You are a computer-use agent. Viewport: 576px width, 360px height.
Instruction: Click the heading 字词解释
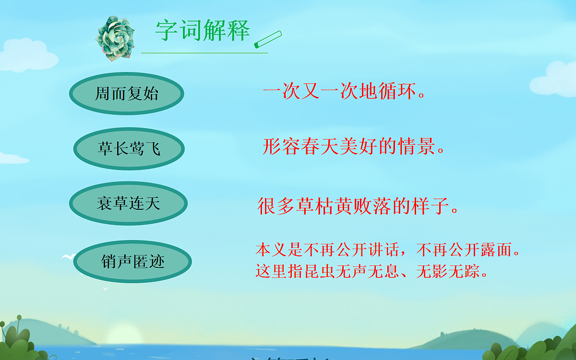click(x=203, y=31)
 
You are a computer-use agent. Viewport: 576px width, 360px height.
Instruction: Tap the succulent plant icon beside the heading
click(x=113, y=38)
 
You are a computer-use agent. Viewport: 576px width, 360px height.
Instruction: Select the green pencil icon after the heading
click(x=268, y=40)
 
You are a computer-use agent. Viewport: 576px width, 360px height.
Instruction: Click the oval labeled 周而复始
click(x=127, y=94)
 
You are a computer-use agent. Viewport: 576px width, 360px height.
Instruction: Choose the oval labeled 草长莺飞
click(x=129, y=148)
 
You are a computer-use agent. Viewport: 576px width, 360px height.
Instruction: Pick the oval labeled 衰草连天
click(x=128, y=204)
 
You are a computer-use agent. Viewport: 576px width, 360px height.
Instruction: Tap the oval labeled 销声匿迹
click(x=133, y=262)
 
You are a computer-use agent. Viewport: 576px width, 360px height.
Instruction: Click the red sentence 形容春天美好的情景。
click(x=354, y=147)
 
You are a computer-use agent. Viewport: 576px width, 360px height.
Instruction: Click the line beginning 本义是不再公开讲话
click(x=388, y=250)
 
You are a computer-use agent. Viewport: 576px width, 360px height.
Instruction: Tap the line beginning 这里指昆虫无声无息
click(x=372, y=273)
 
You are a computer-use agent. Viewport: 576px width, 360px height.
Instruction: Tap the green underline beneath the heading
click(x=204, y=53)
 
